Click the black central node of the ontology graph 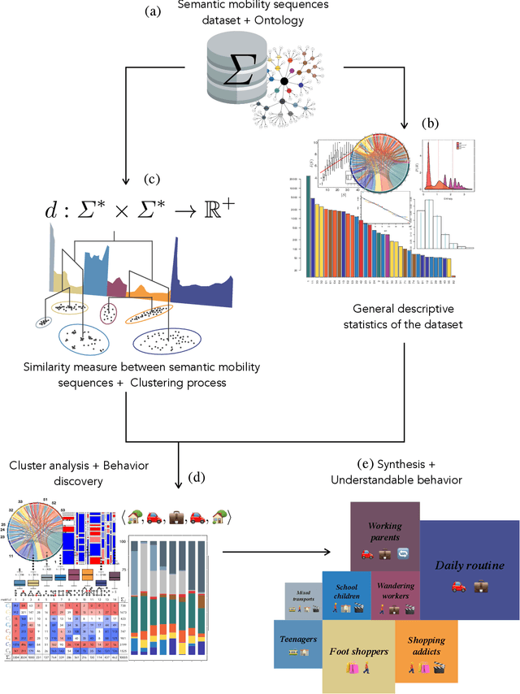coord(284,81)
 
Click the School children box coord(346,596)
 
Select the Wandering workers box coord(395,596)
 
